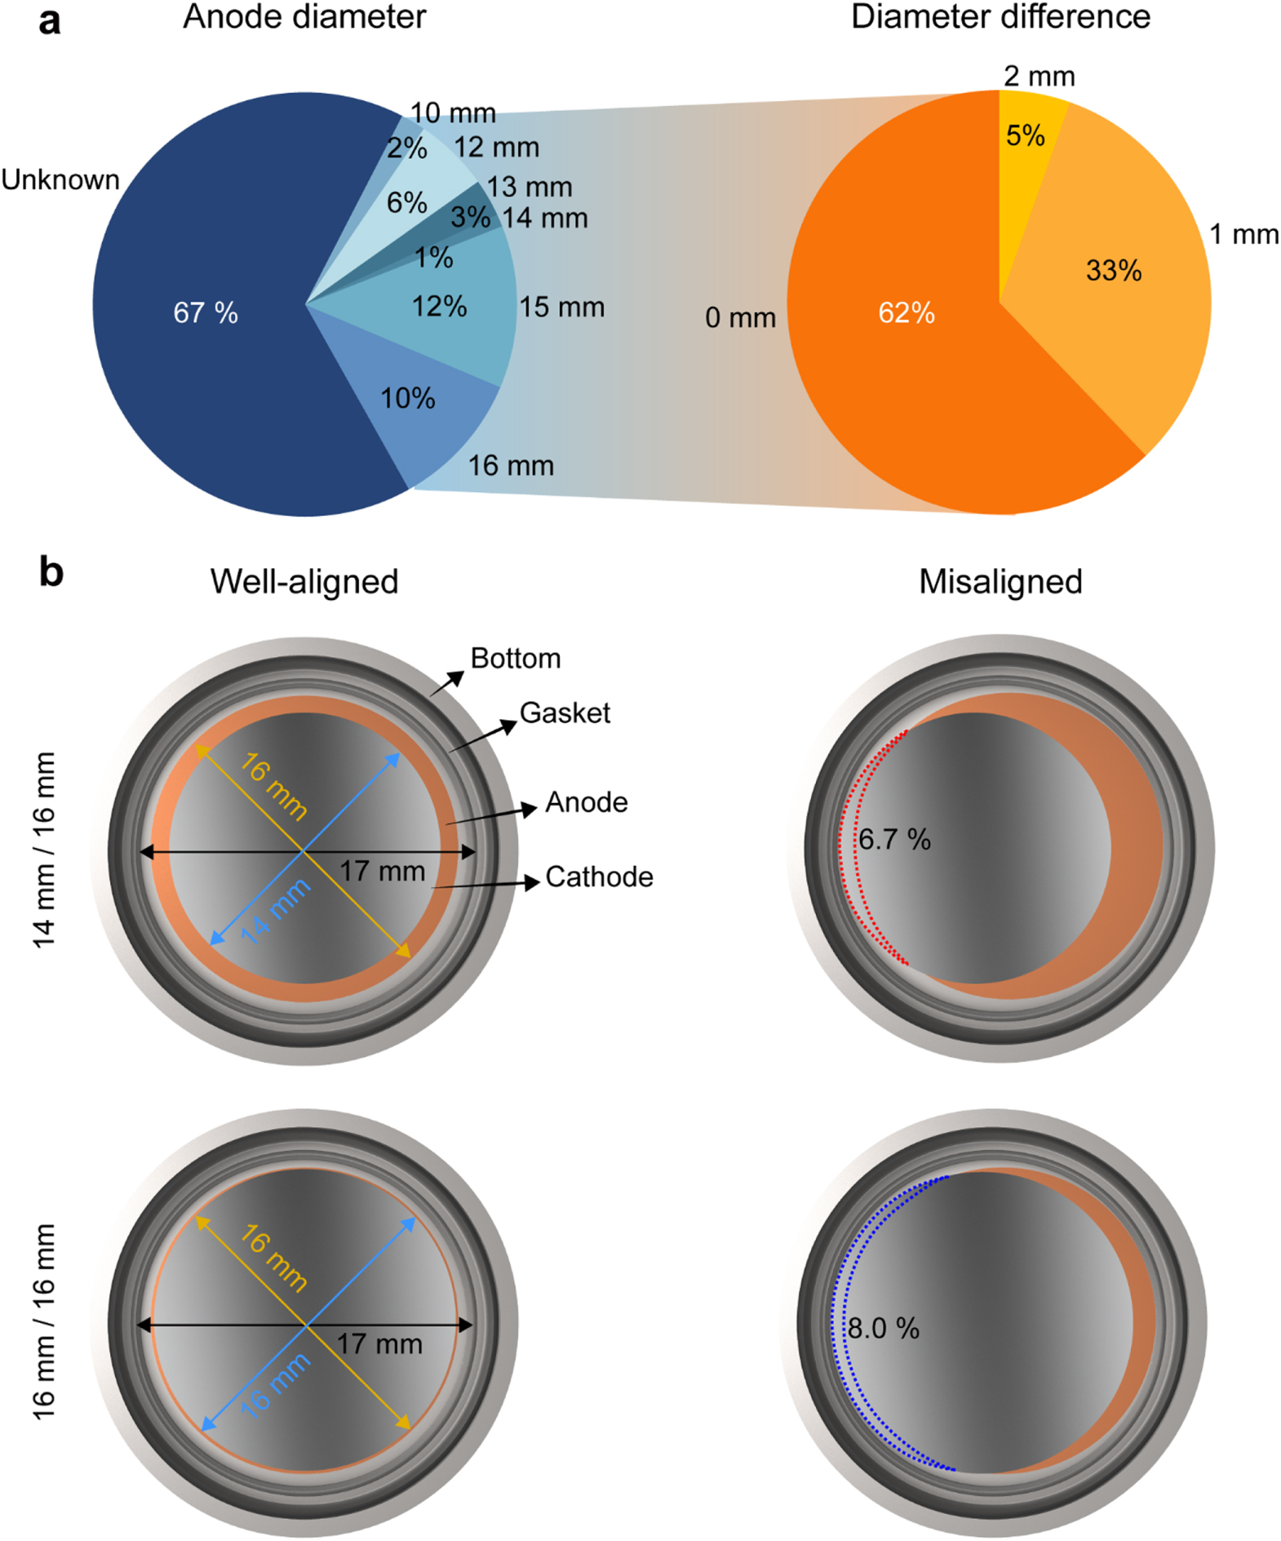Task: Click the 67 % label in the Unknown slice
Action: point(206,313)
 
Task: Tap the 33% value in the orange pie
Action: point(1113,270)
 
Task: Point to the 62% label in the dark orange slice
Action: point(906,313)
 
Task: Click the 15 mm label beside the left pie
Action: point(561,308)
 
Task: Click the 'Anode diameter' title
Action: point(304,17)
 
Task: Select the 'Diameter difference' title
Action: point(1000,17)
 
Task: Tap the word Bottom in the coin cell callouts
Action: point(516,659)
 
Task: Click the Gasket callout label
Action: point(565,713)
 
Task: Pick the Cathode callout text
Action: point(599,877)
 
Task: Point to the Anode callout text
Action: point(586,803)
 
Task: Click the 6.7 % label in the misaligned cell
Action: point(894,839)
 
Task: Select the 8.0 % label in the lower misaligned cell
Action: point(883,1328)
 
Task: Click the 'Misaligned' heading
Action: point(1000,582)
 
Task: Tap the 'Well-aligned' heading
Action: point(304,582)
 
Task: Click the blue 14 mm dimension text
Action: point(275,911)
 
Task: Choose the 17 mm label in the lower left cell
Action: point(379,1343)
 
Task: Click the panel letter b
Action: point(51,572)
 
